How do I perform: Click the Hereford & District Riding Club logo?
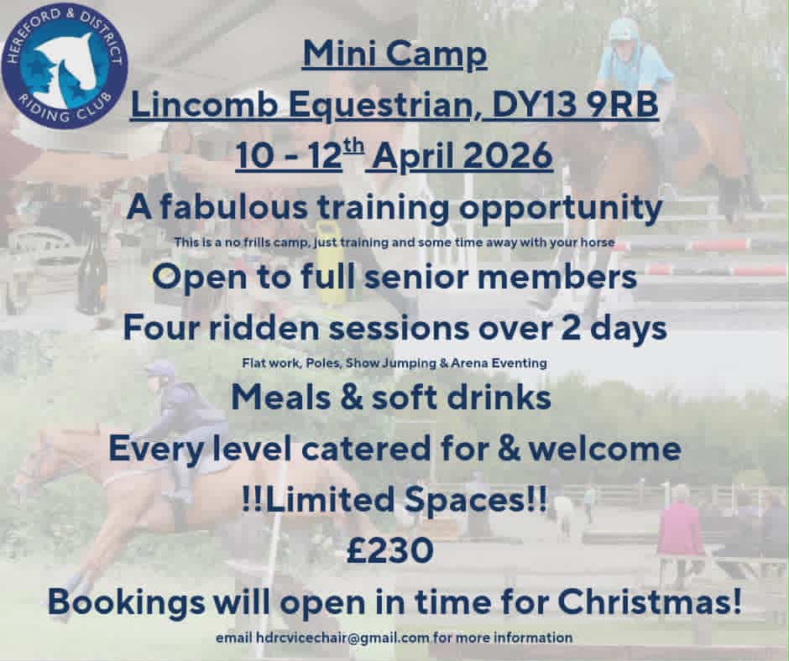click(65, 65)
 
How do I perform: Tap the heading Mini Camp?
click(395, 54)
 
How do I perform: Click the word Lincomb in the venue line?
click(204, 105)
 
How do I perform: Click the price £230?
click(390, 549)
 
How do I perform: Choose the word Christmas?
click(649, 601)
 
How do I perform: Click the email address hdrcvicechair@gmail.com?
click(342, 638)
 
